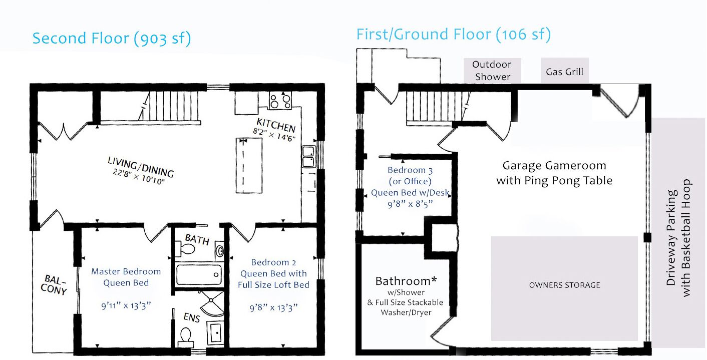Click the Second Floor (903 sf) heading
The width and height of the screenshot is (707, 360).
click(112, 39)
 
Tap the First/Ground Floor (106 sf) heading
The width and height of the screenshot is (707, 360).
click(454, 35)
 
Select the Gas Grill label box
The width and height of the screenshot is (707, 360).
click(565, 71)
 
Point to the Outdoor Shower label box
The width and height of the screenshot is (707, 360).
click(492, 71)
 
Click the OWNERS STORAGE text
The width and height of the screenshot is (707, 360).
click(565, 285)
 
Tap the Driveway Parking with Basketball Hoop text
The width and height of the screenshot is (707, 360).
click(678, 238)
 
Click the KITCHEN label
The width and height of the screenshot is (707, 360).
click(276, 125)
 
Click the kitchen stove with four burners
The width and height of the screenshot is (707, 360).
click(280, 101)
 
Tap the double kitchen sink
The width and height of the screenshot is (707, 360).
click(308, 157)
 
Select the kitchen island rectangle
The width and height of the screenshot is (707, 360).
click(249, 165)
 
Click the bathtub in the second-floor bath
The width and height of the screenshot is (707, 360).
click(199, 275)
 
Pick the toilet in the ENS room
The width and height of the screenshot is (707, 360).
click(186, 335)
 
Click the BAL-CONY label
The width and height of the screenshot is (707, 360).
click(54, 285)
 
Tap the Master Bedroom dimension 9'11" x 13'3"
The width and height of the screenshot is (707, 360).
click(126, 306)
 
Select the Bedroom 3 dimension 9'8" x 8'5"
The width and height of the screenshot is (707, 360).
click(410, 204)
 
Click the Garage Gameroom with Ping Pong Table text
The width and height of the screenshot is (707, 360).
click(554, 173)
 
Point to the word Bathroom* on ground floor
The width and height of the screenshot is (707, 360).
click(406, 281)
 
